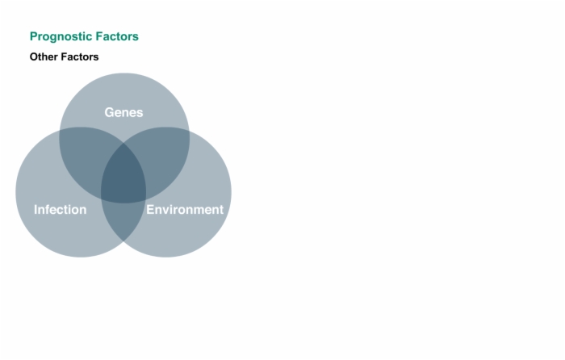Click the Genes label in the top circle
click(123, 112)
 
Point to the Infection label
click(61, 209)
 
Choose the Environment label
click(185, 209)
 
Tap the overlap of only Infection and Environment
click(123, 220)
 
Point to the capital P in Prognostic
click(34, 36)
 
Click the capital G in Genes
click(109, 112)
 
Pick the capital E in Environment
click(150, 209)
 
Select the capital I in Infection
click(36, 209)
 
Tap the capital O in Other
click(34, 57)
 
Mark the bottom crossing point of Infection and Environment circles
click(123, 241)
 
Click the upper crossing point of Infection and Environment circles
click(123, 143)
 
